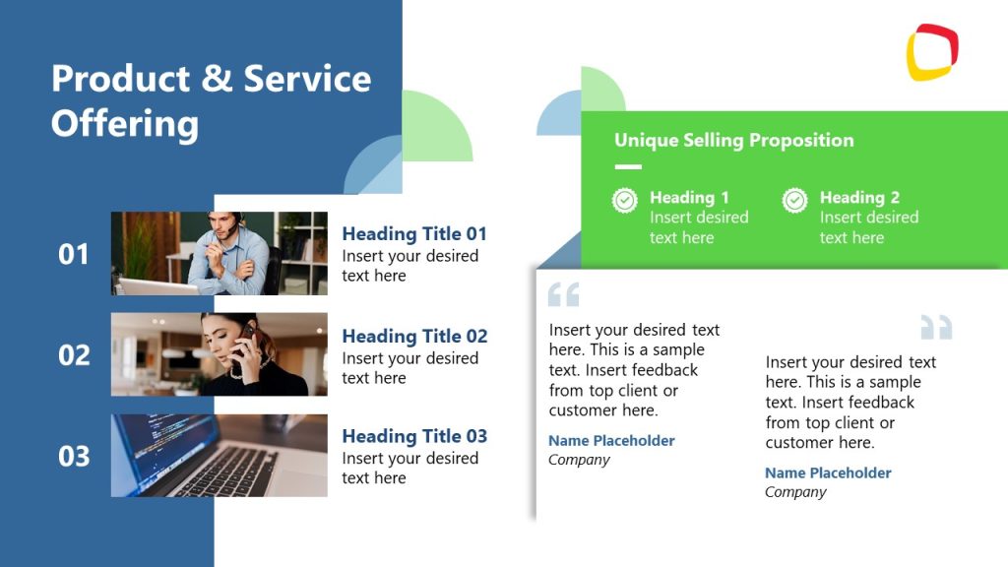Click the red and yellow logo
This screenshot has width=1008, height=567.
coord(931,52)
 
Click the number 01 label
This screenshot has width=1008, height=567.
coord(74,254)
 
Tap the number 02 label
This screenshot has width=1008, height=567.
coord(74,355)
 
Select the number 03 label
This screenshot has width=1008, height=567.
coord(74,457)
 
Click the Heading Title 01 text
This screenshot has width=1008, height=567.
coord(414,233)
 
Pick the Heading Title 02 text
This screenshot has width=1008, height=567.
coord(414,336)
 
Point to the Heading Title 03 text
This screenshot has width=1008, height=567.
coord(414,436)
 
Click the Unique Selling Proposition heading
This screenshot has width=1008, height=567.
coord(733,140)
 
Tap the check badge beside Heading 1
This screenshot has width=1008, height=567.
coord(625,201)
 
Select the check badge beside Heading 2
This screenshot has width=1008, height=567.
coord(794,201)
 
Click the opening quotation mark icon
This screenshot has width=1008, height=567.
coord(563,294)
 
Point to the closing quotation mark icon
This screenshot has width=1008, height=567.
coord(936,327)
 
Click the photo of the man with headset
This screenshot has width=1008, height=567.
coord(219,253)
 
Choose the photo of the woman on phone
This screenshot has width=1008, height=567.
coord(219,354)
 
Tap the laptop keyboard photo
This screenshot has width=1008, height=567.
coord(219,456)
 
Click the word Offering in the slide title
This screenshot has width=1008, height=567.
coord(125,124)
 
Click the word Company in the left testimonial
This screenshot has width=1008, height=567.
coord(579,460)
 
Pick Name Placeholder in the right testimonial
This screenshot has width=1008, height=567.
coord(828,472)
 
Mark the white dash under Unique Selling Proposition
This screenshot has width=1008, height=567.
coord(627,167)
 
